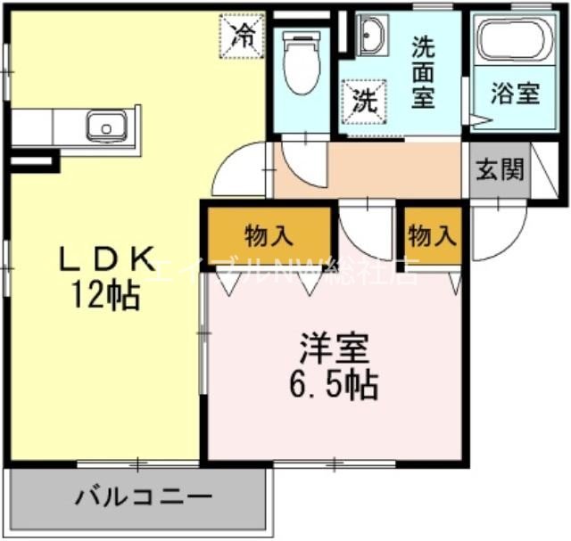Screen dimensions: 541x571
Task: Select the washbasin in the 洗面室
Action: pos(371,35)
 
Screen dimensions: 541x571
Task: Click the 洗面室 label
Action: pos(423,72)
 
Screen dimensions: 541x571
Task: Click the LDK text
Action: pos(107,258)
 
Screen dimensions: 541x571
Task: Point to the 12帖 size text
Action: pos(107,294)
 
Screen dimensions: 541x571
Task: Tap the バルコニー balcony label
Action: pos(143,496)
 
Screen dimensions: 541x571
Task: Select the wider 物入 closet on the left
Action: pos(269,236)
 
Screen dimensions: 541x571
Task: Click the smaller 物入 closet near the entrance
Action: pos(433,236)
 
